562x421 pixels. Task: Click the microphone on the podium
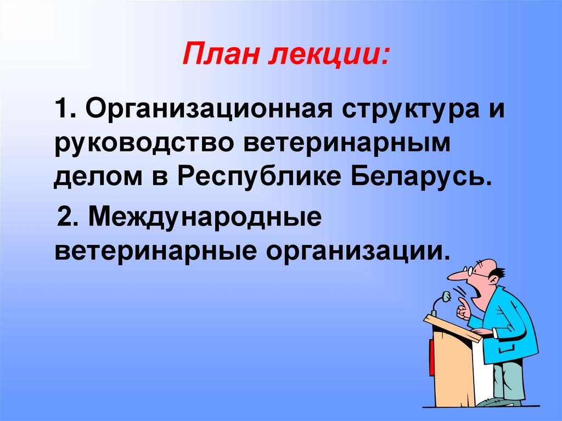445,297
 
